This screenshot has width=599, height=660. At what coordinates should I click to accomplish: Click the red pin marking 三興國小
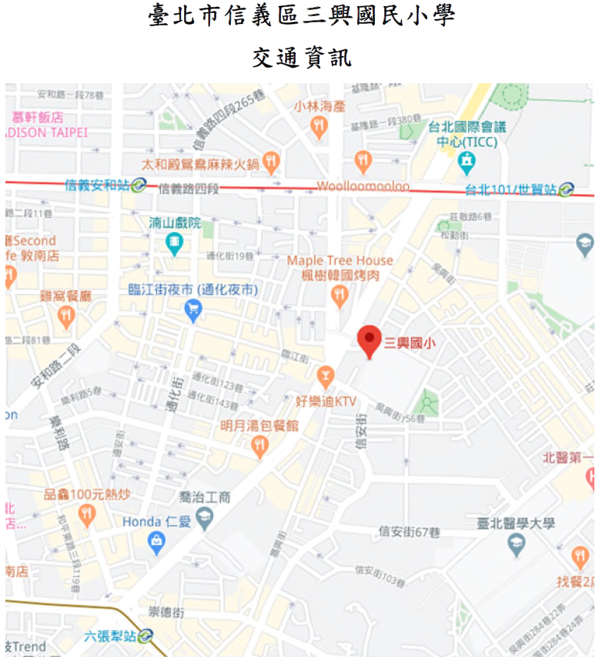370,339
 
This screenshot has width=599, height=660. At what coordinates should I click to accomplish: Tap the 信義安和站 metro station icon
139,185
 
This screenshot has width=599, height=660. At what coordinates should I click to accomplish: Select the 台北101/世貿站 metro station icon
567,189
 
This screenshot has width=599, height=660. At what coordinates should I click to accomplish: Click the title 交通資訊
301,57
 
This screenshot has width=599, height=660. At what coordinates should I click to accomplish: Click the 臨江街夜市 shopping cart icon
192,310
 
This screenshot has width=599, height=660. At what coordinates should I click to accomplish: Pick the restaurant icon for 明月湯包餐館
260,446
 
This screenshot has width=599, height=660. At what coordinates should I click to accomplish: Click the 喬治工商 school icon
204,520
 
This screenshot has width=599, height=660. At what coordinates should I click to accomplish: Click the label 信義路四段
189,188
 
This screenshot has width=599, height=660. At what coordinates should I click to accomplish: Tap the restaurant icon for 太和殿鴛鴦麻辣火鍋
270,162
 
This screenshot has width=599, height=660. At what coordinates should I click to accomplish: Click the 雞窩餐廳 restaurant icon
66,314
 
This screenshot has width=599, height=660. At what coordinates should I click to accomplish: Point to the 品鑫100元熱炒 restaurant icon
85,516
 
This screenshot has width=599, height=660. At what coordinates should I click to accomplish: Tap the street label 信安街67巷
410,532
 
